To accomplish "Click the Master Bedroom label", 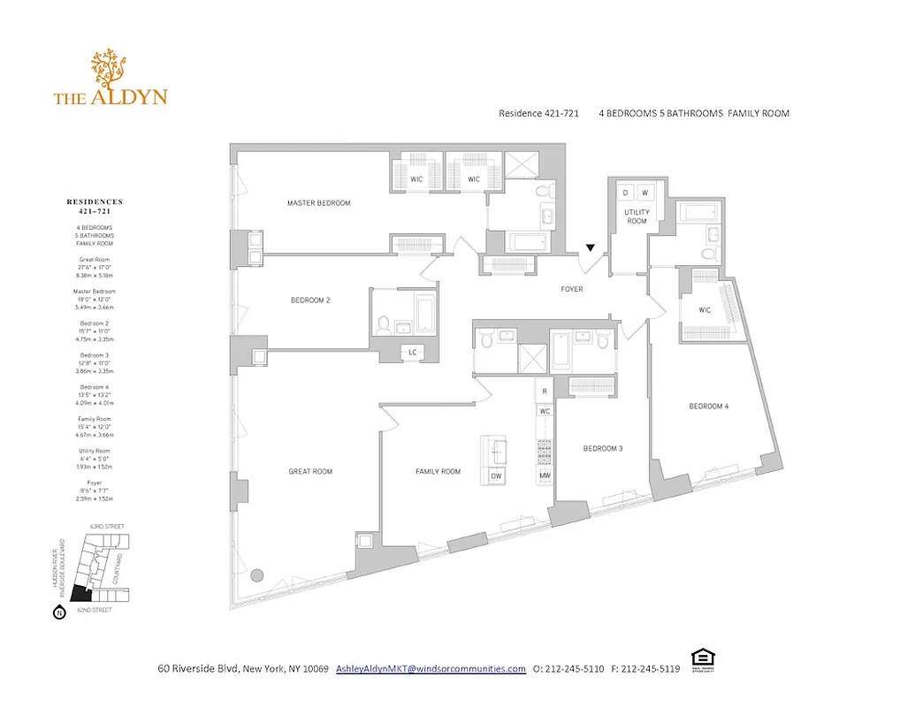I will [x=318, y=203].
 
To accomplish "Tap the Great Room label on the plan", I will [x=310, y=472].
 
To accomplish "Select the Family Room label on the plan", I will [x=438, y=472].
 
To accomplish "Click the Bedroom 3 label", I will [x=603, y=449].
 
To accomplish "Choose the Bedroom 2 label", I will [x=310, y=300].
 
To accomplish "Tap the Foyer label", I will [x=572, y=289].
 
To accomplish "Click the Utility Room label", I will [x=637, y=217].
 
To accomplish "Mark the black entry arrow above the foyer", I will [x=591, y=248].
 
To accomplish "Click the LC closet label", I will [x=412, y=353].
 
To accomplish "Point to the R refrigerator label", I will [x=545, y=391].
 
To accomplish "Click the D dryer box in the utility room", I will [x=625, y=192].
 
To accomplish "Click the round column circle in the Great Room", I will [x=257, y=575].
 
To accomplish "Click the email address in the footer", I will [x=431, y=669].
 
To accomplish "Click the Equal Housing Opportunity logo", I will [x=702, y=658].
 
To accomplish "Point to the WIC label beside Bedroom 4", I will [x=705, y=310].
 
